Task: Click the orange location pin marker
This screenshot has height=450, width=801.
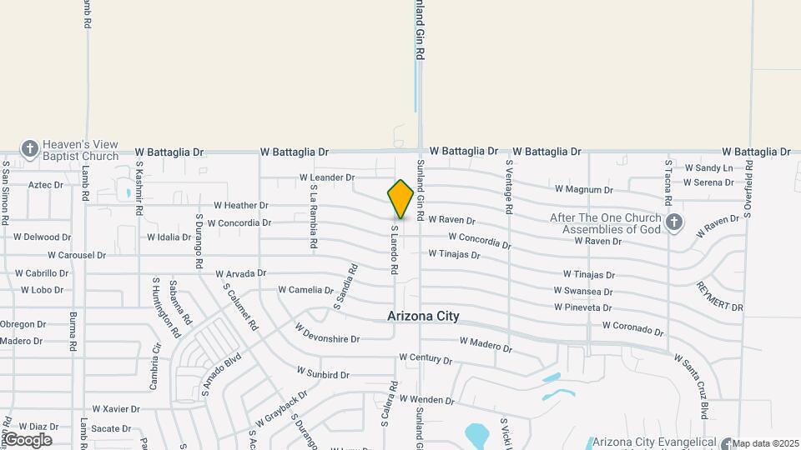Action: click(x=400, y=199)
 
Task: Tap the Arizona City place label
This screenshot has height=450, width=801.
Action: click(x=423, y=317)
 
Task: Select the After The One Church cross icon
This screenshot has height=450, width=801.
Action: click(x=674, y=222)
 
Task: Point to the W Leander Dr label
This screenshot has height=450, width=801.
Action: click(x=327, y=177)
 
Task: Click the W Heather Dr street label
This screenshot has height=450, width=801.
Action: click(x=240, y=205)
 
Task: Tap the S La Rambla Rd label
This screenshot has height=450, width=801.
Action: click(x=314, y=217)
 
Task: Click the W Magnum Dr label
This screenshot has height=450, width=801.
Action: click(x=584, y=190)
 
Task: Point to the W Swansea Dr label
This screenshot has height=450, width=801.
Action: click(x=583, y=292)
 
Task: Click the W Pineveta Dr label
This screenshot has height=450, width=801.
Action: click(x=583, y=307)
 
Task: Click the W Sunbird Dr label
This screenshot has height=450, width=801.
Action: click(x=323, y=374)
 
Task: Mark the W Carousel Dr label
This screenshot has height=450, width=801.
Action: click(x=77, y=255)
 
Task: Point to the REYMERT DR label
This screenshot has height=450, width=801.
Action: click(x=719, y=297)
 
